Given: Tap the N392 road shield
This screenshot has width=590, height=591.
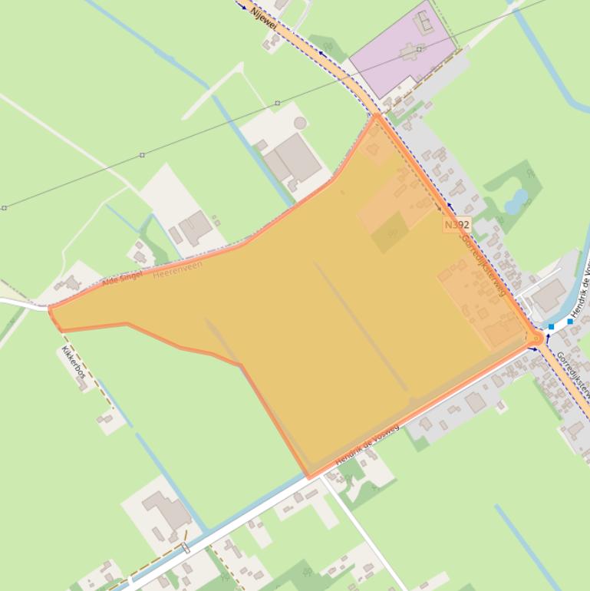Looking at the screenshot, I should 457,225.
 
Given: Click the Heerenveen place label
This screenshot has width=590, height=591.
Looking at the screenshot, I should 178,269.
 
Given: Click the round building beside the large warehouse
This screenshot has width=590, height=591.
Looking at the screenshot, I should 300,123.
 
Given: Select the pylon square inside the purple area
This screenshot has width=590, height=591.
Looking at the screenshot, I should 420,49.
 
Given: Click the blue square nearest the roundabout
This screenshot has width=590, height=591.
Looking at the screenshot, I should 551,327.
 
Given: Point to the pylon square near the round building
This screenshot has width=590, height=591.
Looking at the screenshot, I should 277,103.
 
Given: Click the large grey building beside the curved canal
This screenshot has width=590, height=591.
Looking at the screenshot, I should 549,295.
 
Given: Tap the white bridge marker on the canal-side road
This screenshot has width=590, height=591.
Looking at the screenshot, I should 186,548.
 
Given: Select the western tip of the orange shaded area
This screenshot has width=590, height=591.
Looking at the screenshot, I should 51,309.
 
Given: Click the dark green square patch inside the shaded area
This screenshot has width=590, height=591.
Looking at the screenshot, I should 391,233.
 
